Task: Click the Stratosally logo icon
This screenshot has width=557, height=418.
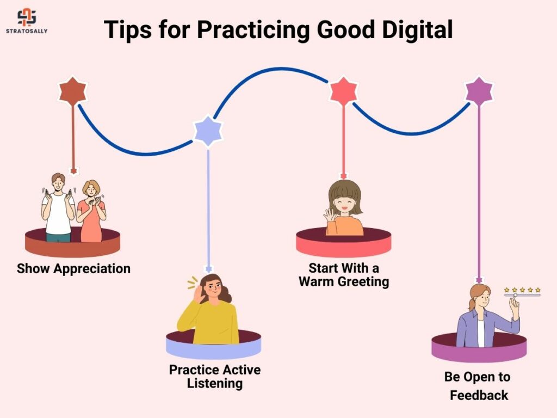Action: (27, 17)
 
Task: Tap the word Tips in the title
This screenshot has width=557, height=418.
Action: (128, 30)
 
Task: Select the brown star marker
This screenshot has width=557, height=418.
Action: (73, 91)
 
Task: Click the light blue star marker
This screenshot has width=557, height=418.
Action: (208, 131)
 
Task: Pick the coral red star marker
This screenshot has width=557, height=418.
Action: (343, 91)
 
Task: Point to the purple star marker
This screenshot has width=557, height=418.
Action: (479, 91)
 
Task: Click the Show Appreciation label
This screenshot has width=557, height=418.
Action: (73, 268)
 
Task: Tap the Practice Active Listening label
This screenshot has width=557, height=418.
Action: (215, 377)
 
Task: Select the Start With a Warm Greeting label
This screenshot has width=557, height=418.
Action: (344, 274)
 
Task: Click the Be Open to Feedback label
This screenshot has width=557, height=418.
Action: (478, 386)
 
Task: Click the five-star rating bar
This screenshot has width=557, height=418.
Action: (522, 292)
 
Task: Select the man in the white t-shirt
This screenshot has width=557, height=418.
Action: (58, 207)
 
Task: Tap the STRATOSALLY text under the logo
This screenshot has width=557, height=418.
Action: (27, 31)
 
